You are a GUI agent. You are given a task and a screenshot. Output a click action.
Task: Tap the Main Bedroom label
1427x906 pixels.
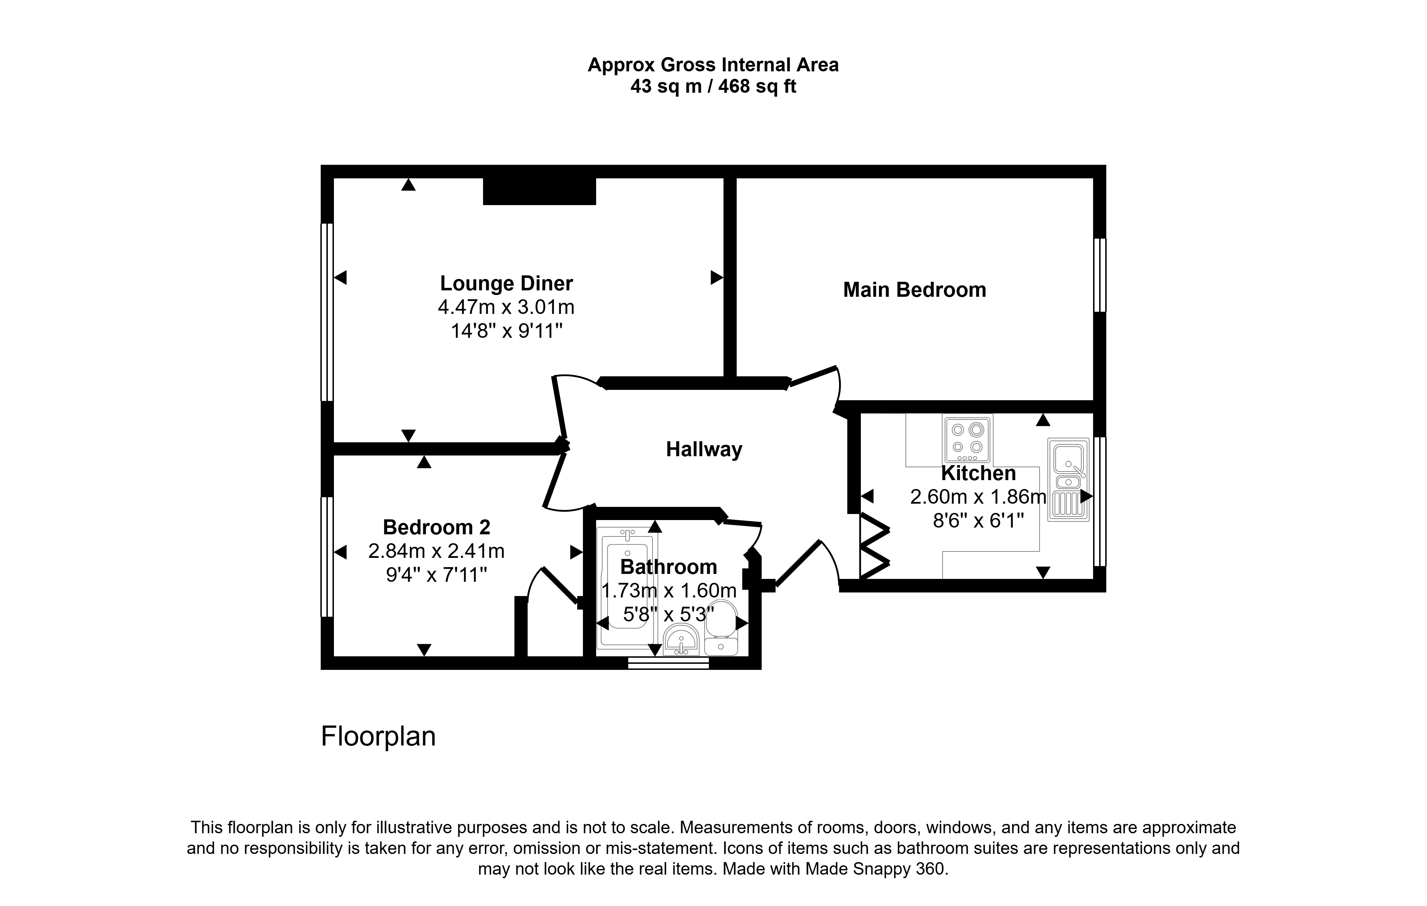[x=914, y=290]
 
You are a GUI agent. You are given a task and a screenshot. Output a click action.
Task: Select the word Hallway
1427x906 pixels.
[x=704, y=450]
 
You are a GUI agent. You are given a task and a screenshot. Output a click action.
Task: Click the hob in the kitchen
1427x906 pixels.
[x=967, y=439]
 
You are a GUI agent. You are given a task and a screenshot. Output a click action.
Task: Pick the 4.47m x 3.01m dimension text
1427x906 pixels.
[x=506, y=307]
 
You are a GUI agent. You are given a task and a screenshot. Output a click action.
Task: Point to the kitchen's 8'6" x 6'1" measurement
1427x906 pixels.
[x=979, y=521]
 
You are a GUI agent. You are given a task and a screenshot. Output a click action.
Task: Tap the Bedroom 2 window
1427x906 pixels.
[x=326, y=557]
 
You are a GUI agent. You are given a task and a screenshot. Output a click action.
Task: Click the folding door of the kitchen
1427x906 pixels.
[x=874, y=545]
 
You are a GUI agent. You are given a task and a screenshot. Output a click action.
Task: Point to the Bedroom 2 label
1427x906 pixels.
[x=436, y=527]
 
